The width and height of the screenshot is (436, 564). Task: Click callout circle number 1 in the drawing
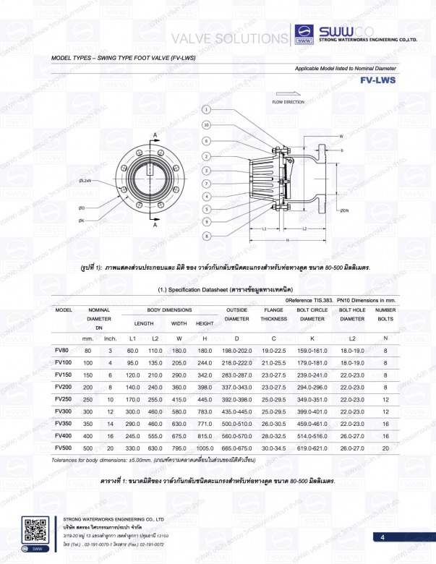tap(206, 110)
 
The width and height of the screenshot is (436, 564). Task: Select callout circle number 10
tap(206, 125)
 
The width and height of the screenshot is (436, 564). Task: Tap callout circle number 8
tap(206, 236)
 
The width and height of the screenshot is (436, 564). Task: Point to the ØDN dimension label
tap(345, 210)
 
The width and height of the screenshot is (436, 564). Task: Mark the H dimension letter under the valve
tap(287, 239)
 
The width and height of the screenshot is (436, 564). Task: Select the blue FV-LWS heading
tap(377, 80)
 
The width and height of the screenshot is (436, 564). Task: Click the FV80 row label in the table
tap(62, 350)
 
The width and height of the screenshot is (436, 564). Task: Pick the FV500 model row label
tap(63, 448)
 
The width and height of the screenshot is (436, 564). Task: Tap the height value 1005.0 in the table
tap(205, 448)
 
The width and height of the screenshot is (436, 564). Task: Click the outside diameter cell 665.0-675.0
tap(236, 448)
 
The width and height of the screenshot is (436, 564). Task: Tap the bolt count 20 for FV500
tap(385, 448)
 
